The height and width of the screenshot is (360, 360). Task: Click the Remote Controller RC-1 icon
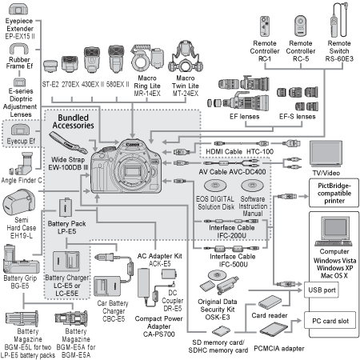click(x=265, y=26)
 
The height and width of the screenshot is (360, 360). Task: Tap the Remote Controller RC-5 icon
click(x=301, y=26)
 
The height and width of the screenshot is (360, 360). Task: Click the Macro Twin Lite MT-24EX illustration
click(x=186, y=57)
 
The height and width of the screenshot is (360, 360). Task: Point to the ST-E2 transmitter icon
click(x=50, y=66)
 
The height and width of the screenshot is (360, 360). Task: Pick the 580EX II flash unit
click(x=116, y=59)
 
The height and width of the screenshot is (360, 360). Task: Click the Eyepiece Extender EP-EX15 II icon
click(x=18, y=9)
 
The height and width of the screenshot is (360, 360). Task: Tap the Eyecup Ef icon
click(x=20, y=130)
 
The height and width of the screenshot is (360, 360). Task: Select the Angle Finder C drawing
click(x=22, y=164)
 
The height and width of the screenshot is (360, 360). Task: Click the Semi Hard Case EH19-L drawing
click(x=18, y=202)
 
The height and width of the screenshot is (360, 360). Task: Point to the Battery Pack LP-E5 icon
click(x=66, y=207)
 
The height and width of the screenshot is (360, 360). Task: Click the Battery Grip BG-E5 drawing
click(x=21, y=259)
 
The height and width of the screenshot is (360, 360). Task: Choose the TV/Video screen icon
click(x=326, y=154)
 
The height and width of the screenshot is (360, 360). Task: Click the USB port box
click(x=322, y=290)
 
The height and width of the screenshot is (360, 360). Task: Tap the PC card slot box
click(x=330, y=321)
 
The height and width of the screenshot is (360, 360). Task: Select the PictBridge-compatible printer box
click(x=334, y=193)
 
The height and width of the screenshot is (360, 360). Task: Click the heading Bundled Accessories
click(x=74, y=122)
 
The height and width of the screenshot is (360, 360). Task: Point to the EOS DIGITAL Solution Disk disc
click(x=215, y=185)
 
